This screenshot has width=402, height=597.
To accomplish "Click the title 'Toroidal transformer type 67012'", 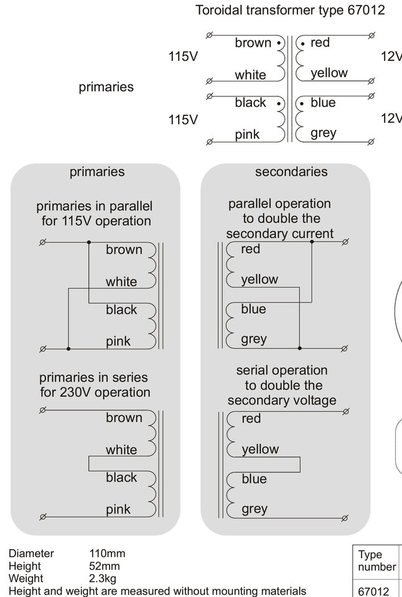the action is point(290,10).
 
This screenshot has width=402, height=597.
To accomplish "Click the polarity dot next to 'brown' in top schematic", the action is point(279,43).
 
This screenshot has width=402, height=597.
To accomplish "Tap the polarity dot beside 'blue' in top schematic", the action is point(302,104).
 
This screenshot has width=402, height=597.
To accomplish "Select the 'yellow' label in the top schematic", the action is point(329,73).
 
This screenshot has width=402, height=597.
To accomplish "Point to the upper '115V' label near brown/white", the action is point(184,57).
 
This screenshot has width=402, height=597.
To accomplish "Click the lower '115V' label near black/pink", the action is point(184,119).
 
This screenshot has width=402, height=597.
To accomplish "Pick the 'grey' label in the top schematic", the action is point(324,133).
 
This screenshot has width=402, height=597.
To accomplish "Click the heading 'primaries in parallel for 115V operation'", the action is point(95,213).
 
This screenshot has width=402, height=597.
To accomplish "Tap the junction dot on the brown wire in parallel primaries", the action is point(89,242).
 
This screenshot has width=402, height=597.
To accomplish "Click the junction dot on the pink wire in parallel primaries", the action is point(68,348).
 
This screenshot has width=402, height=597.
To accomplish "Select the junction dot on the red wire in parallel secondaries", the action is point(312,242).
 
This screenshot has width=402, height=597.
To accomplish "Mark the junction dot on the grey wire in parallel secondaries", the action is point(299,348).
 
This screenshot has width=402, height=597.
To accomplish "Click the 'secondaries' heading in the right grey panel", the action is point(291,172).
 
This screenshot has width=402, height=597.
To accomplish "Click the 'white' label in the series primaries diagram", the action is point(121,450).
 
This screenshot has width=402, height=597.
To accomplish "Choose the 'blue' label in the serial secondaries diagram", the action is point(254,479).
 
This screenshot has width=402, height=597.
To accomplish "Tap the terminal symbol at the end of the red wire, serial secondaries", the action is point(346,412).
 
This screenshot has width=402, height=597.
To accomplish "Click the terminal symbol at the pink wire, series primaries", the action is point(43,517).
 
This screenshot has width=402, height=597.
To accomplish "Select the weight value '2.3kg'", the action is point(103,578).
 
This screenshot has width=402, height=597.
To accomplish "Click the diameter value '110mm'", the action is point(107,553).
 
